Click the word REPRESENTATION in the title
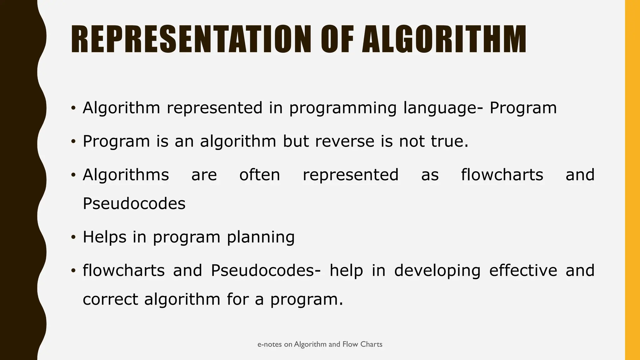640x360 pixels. pos(191,39)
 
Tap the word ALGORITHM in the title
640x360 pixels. pos(444,39)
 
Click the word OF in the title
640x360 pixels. pos(337,39)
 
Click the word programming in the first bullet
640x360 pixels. pos(342,108)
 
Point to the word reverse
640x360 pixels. pos(345,141)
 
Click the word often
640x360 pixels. pos(260,175)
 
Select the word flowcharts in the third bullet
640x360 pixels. pos(502,175)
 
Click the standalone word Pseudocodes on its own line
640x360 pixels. pos(134,204)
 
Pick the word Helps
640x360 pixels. pos(104,237)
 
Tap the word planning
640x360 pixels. pos(261,237)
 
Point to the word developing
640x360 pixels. pos(437,271)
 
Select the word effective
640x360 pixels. pos(523,270)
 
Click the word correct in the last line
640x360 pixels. pos(110,299)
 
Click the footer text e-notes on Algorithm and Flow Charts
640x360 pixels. pos(320,344)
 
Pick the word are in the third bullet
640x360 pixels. pos(204,175)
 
